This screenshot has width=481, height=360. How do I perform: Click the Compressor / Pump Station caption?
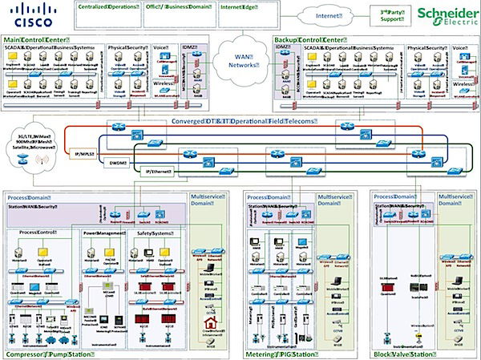[47, 354]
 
